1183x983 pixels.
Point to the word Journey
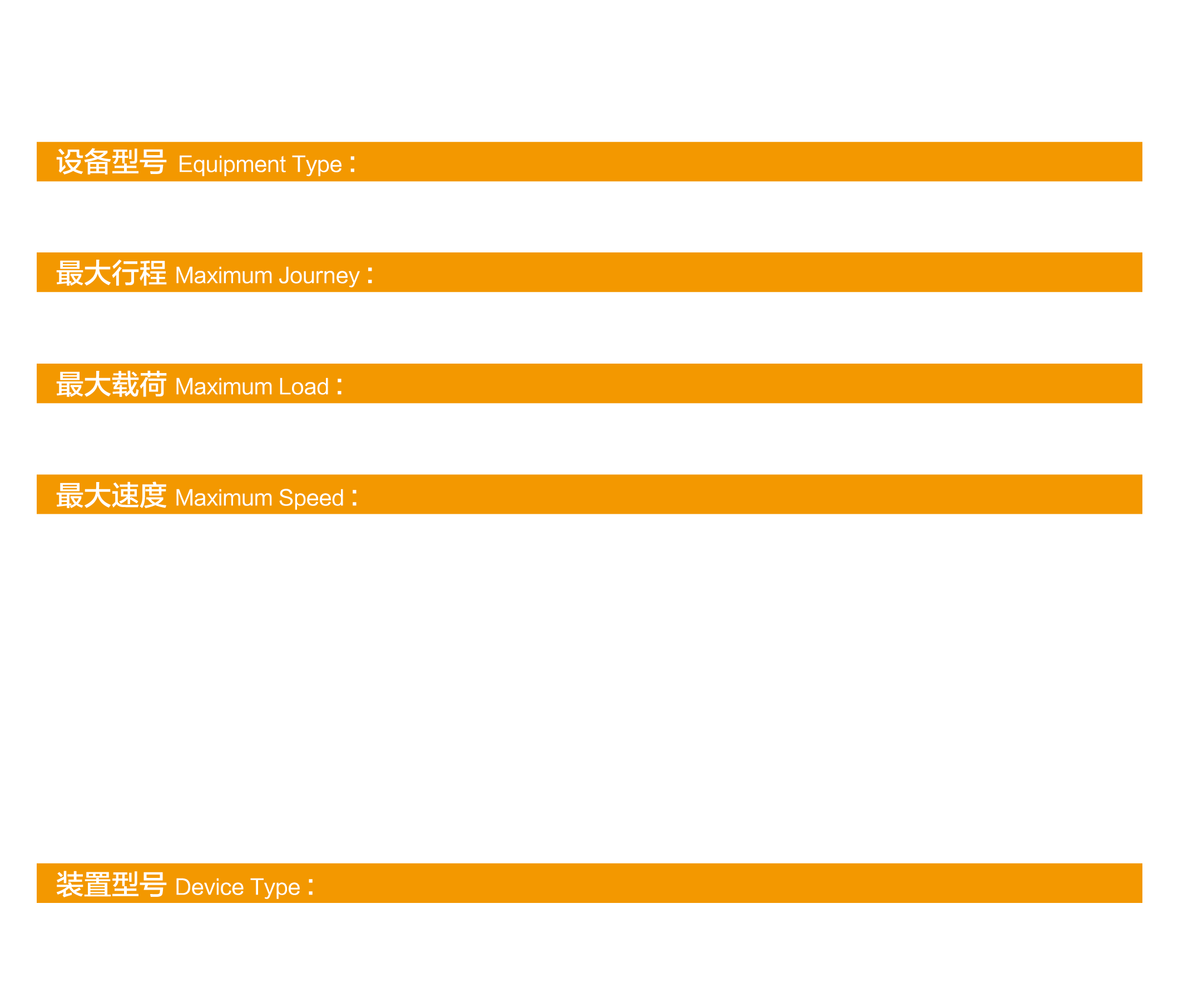point(319,276)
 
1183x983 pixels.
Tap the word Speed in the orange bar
point(311,498)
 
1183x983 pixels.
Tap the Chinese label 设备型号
point(111,163)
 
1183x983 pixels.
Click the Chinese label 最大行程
point(111,274)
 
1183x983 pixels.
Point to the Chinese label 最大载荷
point(111,385)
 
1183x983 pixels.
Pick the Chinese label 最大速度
point(111,496)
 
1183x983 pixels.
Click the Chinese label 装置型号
point(111,885)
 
